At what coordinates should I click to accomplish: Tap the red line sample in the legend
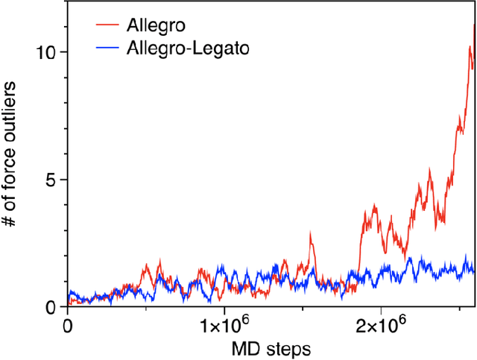pos(110,27)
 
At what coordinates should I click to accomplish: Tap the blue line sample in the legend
pos(110,49)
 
